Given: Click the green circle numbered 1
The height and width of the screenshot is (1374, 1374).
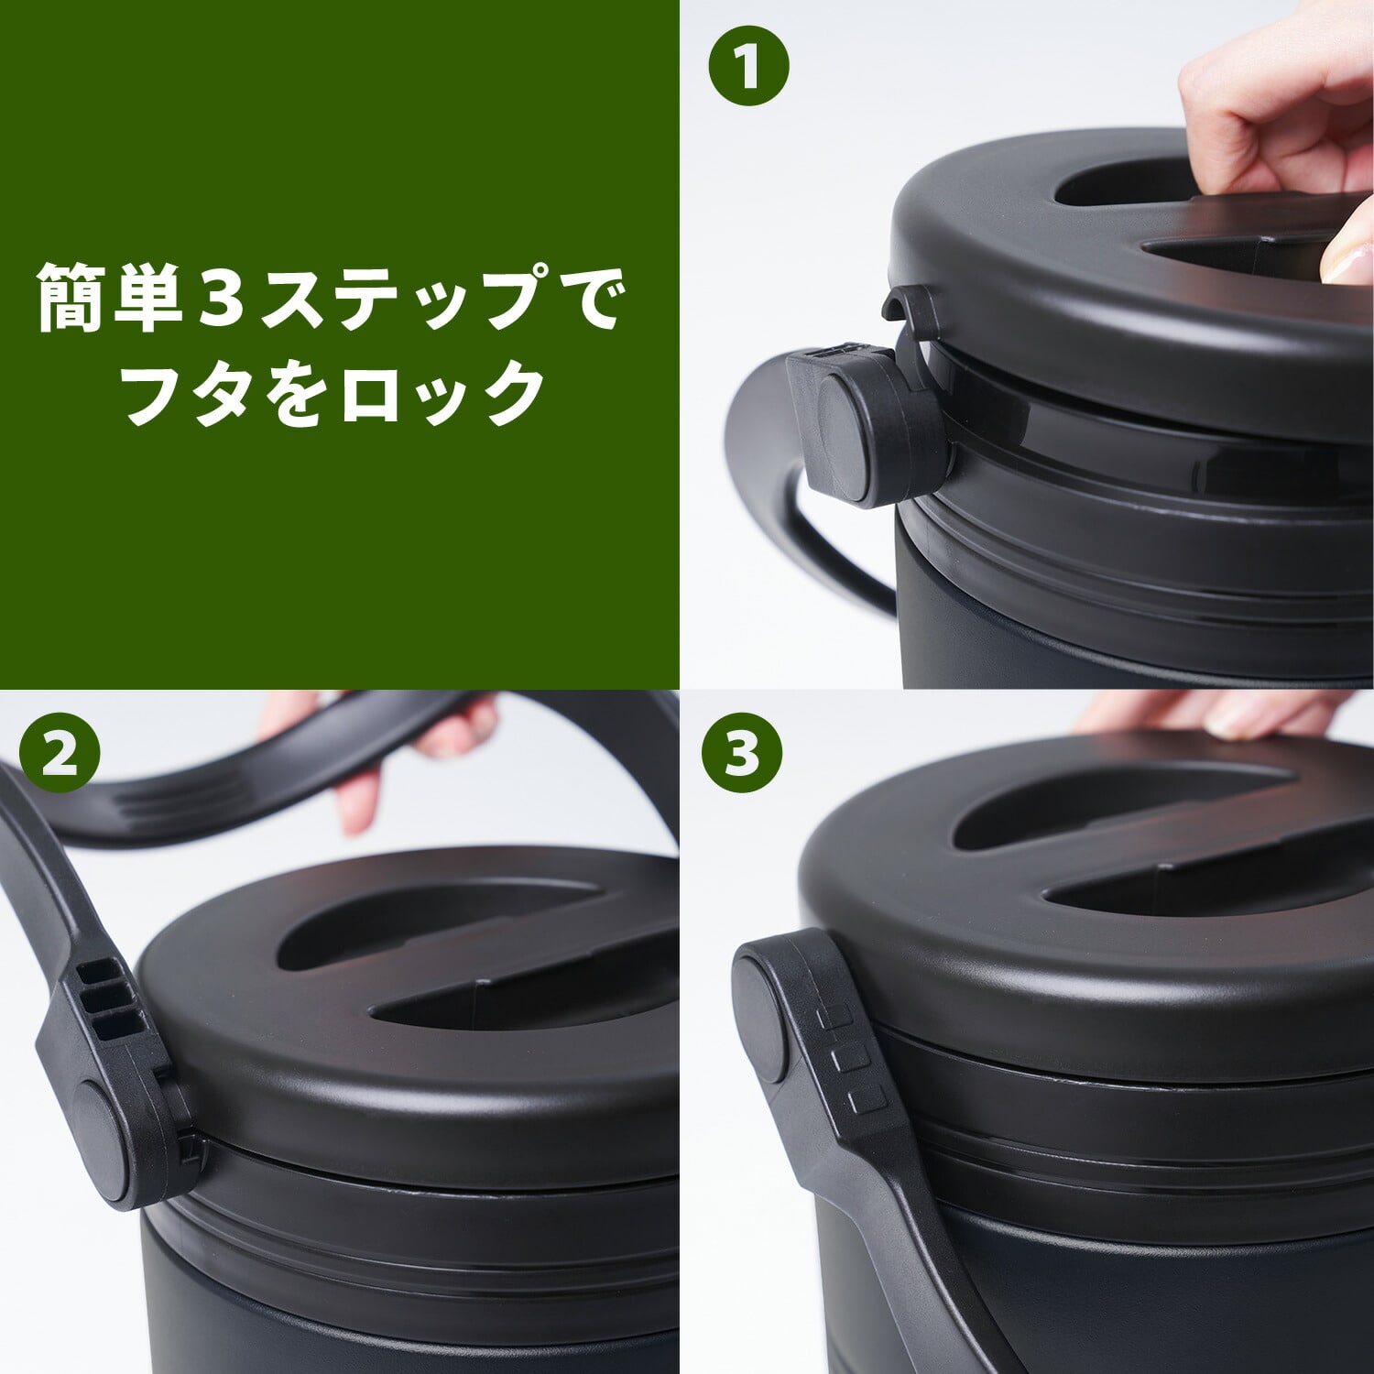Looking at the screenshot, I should [749, 66].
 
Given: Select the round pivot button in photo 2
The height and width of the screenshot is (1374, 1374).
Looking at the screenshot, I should [98, 1140].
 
